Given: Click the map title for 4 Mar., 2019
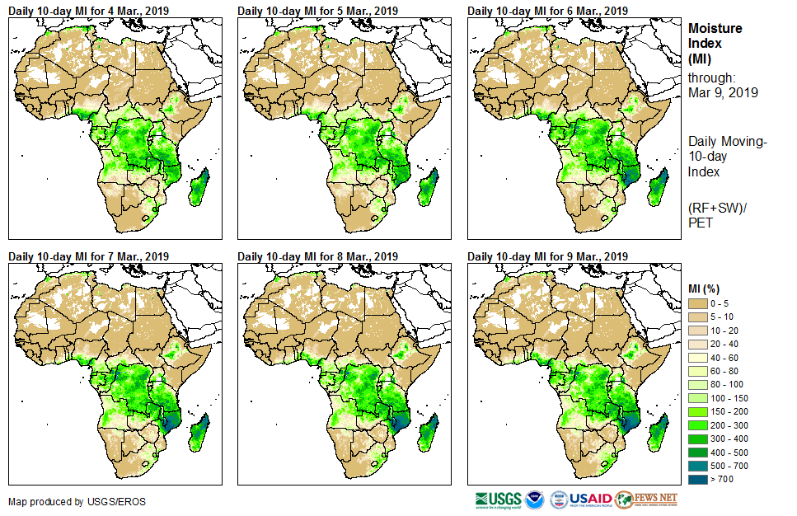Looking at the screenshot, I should coord(88,11).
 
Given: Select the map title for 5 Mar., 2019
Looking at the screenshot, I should coord(317,11).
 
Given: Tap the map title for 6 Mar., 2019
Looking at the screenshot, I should coord(547,11).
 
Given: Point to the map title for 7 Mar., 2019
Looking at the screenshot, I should coord(88,256).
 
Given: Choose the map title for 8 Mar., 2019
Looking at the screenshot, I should coord(317,256).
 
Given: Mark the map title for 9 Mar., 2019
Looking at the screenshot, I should coord(547,256).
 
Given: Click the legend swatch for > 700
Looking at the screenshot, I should coord(697,478).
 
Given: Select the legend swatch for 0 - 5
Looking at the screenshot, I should coord(697,304).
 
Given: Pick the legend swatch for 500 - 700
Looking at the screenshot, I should coord(697,465).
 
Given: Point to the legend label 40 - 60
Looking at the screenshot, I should coord(724,358).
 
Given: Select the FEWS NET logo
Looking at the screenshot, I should coord(646,500).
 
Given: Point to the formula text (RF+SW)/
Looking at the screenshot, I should coord(716,205).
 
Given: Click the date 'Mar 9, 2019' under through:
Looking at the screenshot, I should coord(723,92).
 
